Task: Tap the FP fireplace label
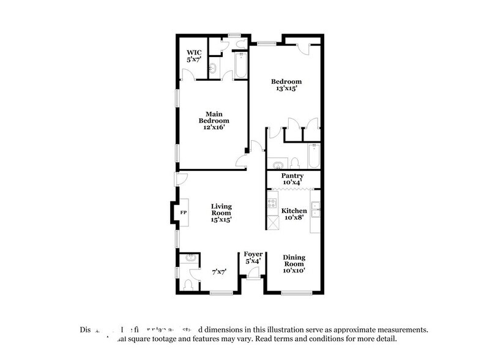[x=183, y=212]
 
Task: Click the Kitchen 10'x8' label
[x=294, y=214]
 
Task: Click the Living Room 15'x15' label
[x=221, y=212]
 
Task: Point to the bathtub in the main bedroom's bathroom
[x=239, y=66]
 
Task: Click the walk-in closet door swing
[x=192, y=75]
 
